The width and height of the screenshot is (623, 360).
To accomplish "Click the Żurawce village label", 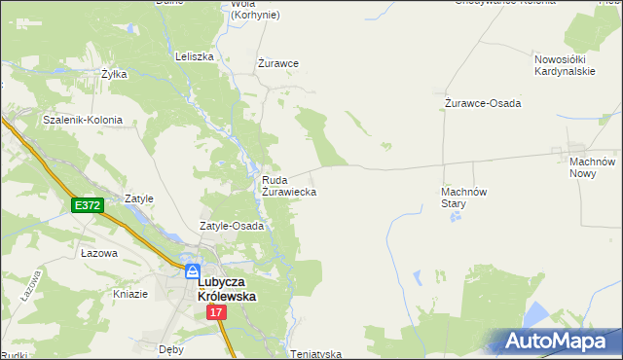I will pos(277,63).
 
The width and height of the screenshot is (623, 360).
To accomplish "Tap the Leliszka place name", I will pos(194,56).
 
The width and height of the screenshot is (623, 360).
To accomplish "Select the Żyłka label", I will pos(115,74).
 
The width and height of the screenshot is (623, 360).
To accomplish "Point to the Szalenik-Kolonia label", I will pos(83,120).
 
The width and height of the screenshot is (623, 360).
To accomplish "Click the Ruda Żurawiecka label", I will pos(288,186).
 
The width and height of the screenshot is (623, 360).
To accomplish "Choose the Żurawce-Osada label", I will pos(483,103).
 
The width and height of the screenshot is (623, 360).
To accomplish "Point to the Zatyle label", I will pos(139,198).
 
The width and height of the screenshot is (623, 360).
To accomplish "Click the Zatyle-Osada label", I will pos(233,226).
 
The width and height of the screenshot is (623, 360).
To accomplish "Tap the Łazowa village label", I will pos(99,253).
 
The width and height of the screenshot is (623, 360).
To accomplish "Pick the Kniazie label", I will pos(130,294).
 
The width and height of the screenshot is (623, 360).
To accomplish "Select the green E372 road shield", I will pos(87,205).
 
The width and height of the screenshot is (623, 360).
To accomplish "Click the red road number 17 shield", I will pos(216,312).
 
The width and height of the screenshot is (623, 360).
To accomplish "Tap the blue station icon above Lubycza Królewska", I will pos(194,270).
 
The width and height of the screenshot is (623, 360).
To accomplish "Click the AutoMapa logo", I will pos(558,342).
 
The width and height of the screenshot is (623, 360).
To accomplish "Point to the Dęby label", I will pos(170,347).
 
